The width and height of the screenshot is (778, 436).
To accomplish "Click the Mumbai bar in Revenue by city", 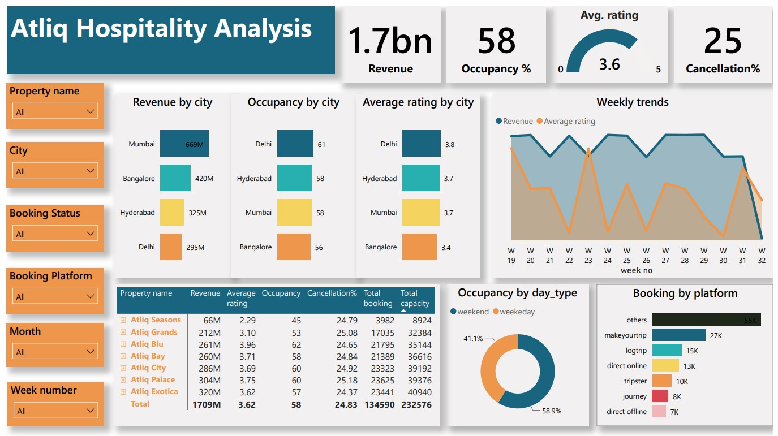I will (x=184, y=144).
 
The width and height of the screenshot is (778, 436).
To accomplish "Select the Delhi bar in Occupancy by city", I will (x=295, y=144).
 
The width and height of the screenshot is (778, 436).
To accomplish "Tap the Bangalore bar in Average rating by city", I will (x=419, y=247).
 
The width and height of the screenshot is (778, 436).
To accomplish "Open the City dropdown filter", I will (x=55, y=171).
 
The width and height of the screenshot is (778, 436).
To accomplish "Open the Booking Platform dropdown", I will (x=55, y=296).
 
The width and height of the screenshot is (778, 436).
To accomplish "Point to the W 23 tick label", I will (x=588, y=256).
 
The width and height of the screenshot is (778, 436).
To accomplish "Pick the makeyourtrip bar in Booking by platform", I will (x=678, y=335).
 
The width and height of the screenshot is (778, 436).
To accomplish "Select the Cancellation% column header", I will (x=332, y=293).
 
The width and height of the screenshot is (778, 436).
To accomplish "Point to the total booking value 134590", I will (x=377, y=404).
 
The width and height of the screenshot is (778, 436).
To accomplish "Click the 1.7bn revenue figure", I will (x=390, y=41).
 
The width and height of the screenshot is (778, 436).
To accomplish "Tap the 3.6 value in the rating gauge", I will (x=609, y=64).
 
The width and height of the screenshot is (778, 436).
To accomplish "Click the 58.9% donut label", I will (x=551, y=411).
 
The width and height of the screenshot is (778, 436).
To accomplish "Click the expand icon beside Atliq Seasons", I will (x=123, y=320).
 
